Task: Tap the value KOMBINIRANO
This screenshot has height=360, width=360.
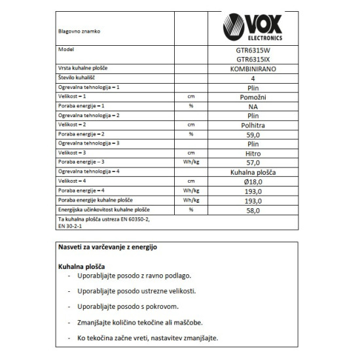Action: tap(253, 69)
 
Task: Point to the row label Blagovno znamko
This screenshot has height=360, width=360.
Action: tap(80, 30)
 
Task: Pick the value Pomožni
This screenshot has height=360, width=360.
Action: tap(253, 97)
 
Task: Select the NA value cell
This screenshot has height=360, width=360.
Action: tap(253, 106)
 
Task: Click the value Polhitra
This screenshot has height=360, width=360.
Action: tap(253, 124)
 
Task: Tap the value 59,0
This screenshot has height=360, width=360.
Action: tap(253, 134)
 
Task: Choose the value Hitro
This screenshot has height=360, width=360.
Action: tap(253, 153)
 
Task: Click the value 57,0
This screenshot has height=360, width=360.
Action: tap(253, 162)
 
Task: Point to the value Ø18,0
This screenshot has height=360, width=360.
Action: tap(253, 181)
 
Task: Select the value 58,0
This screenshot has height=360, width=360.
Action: tap(253, 210)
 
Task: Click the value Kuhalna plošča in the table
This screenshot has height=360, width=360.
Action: tap(253, 171)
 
